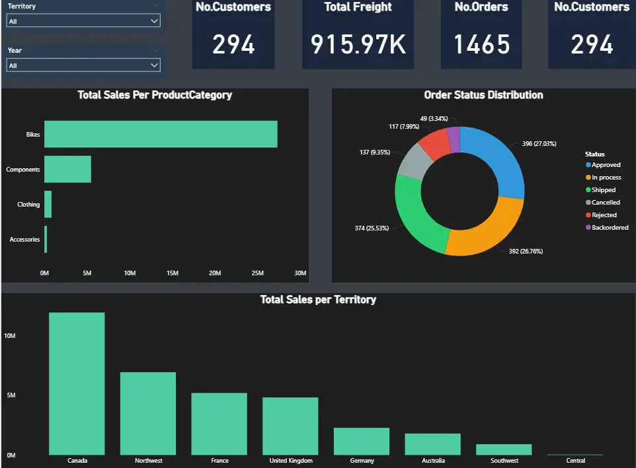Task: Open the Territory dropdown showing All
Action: pos(83,21)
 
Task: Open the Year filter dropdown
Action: pos(83,65)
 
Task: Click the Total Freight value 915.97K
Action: pos(358,44)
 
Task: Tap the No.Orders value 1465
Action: pos(481,44)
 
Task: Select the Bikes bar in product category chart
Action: pos(161,134)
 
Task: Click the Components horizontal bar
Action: pos(67,169)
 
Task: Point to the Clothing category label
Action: pos(28,205)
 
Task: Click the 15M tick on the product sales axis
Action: pos(172,273)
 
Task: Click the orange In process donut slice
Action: pos(486,228)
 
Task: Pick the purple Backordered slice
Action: pos(454,139)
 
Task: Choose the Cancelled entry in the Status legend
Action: pos(606,203)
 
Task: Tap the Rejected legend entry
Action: pos(604,215)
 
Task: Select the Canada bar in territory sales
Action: pos(77,384)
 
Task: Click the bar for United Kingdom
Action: pos(290,426)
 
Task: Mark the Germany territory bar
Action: pos(362,441)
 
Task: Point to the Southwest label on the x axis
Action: pos(504,461)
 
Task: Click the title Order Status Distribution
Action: pos(483,95)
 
